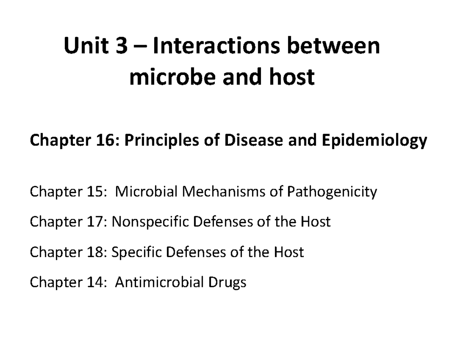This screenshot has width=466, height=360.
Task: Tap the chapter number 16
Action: [x=105, y=141]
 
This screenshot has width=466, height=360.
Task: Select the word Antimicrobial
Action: [x=159, y=282]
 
